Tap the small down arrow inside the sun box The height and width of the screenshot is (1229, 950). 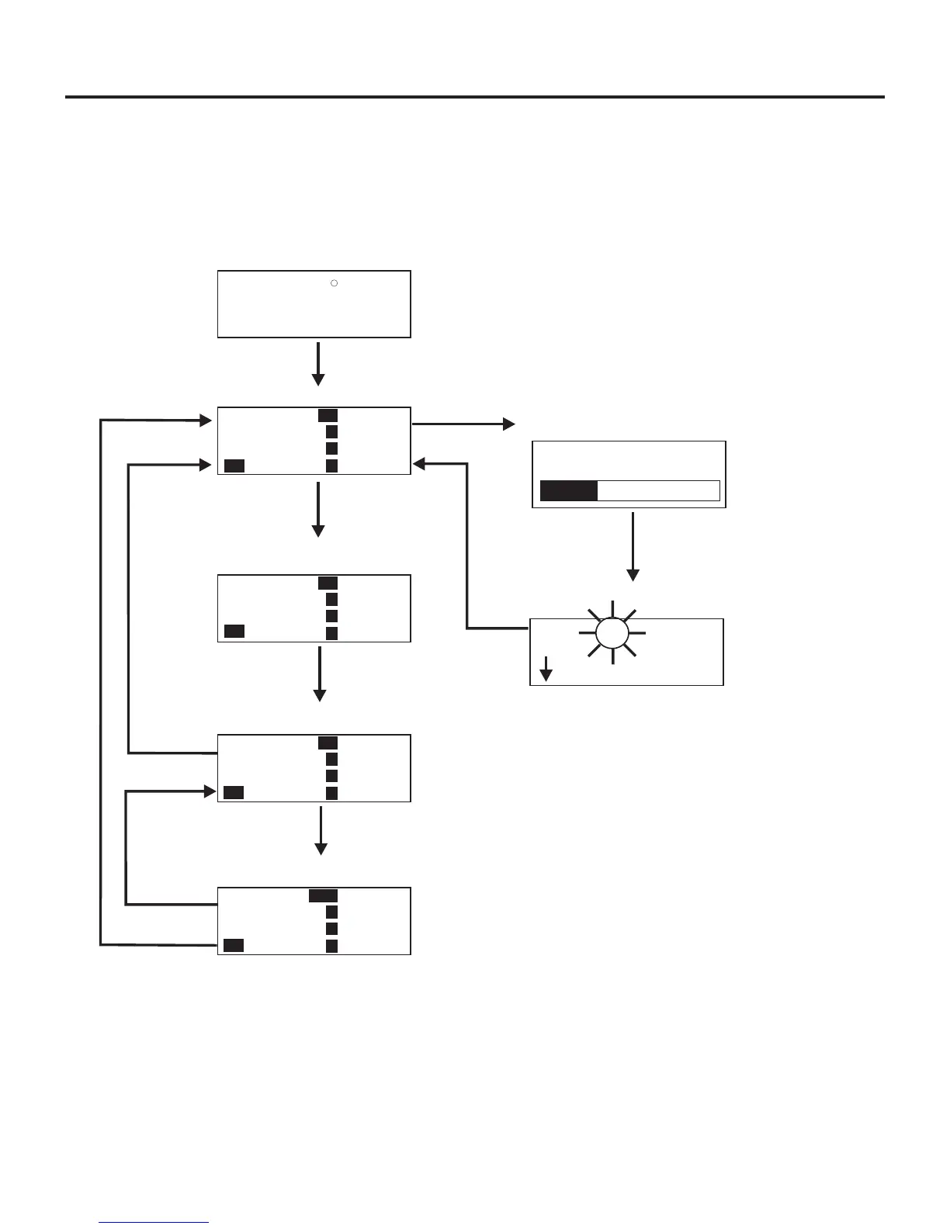(x=546, y=668)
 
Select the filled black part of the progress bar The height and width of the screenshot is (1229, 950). (x=569, y=490)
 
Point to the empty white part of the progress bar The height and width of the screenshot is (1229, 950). (x=658, y=490)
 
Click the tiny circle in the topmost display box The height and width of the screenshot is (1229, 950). (x=334, y=283)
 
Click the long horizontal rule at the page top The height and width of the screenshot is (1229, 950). (x=474, y=97)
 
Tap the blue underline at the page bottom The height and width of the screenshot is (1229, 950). (x=154, y=1222)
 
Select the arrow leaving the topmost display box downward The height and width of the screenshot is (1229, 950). (x=317, y=364)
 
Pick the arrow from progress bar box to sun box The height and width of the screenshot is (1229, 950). (x=633, y=546)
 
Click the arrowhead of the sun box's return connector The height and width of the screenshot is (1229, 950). (x=419, y=464)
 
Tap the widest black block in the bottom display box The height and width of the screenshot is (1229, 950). (x=323, y=895)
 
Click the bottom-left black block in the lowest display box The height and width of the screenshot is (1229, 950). (x=234, y=945)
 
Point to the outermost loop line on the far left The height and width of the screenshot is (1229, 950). (x=101, y=683)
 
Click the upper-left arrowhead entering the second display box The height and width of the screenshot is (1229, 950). (x=206, y=421)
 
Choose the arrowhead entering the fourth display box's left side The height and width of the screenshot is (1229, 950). (x=209, y=791)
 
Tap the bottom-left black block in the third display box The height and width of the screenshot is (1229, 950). (x=234, y=631)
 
